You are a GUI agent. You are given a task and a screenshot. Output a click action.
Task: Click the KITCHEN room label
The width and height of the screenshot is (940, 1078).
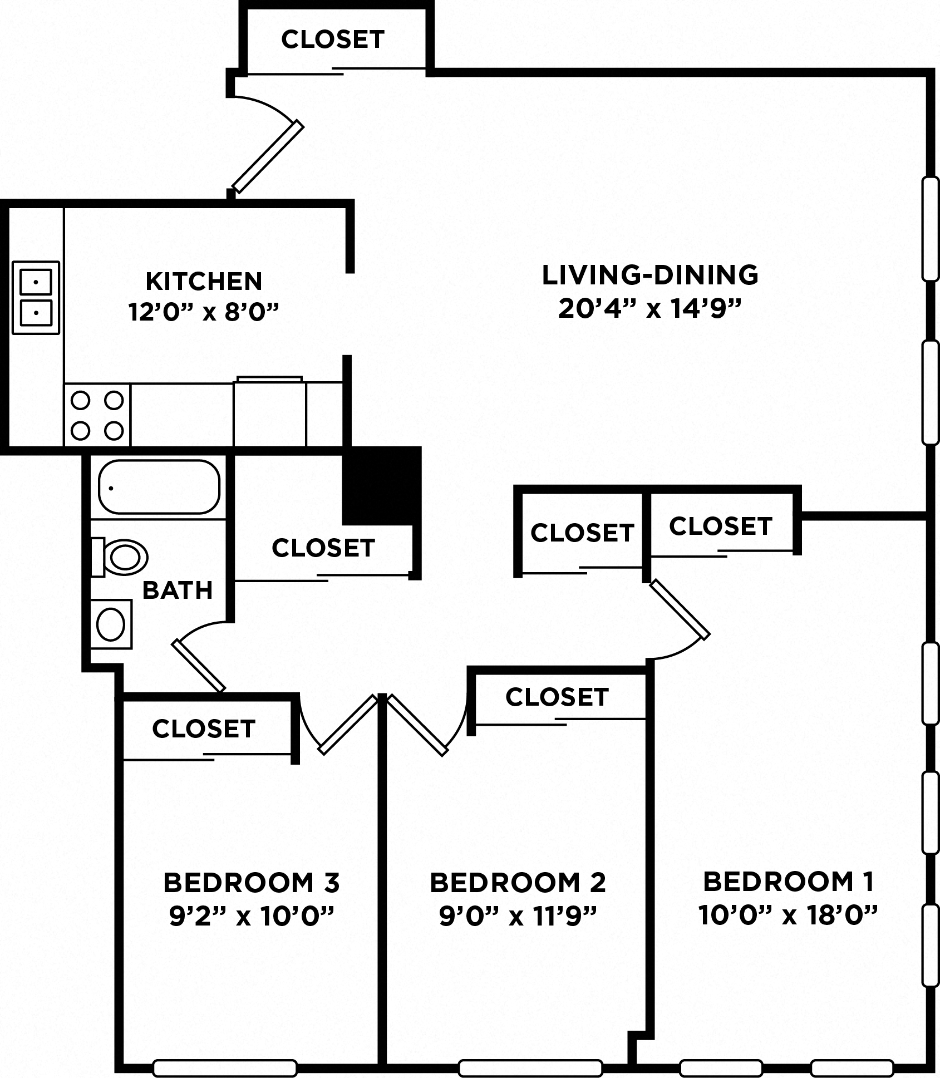(204, 281)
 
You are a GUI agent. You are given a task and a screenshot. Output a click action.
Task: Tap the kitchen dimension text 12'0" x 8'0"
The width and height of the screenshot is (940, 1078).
(204, 312)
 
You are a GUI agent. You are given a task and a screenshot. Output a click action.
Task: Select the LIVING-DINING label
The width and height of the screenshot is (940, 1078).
(650, 275)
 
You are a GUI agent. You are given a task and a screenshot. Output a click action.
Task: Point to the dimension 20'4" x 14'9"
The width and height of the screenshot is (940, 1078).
(650, 308)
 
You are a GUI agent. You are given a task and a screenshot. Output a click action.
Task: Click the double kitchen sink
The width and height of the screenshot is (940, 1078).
(36, 298)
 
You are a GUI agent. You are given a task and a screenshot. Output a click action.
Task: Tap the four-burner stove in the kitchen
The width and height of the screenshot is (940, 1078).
(97, 415)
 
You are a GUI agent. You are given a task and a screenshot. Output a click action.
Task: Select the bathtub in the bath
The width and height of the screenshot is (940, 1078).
(159, 487)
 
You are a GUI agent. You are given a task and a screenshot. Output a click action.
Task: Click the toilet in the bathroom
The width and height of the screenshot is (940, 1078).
(121, 557)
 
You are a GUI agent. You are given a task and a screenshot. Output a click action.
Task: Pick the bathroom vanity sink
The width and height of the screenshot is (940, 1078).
(111, 624)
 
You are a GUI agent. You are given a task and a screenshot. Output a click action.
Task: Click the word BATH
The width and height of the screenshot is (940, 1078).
(178, 590)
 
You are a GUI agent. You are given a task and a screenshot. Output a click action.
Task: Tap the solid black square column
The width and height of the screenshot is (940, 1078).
(381, 485)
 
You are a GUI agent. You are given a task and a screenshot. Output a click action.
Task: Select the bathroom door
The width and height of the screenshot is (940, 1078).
(199, 666)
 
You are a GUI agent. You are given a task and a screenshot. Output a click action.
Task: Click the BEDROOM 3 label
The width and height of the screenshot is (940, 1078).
(251, 882)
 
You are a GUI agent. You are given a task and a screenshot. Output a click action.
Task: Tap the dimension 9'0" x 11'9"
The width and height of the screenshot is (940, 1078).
(518, 915)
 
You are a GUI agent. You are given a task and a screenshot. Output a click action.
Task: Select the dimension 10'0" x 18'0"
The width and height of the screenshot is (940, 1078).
(788, 914)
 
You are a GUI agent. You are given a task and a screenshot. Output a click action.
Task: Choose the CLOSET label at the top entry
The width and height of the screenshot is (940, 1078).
(333, 39)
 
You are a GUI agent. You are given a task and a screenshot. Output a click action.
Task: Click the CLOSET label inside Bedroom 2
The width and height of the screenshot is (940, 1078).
(557, 697)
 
